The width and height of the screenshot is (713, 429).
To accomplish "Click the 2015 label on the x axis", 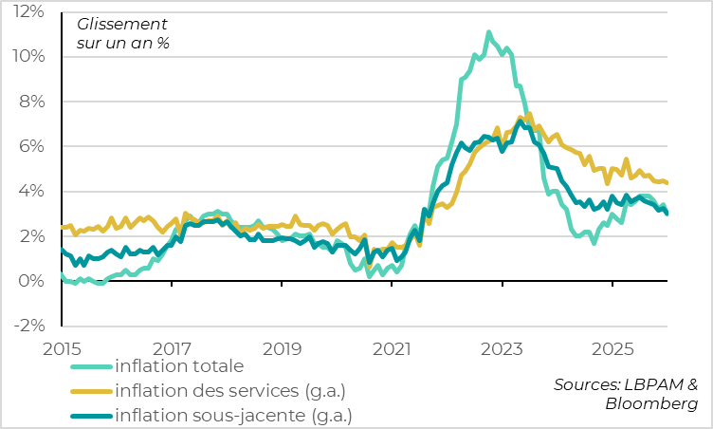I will (62, 347).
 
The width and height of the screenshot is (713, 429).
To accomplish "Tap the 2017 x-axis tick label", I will (172, 347).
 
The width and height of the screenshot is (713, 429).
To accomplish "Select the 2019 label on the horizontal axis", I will (282, 347).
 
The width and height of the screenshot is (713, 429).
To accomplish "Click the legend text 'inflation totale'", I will (179, 365).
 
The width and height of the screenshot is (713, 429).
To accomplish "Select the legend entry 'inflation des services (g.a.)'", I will (229, 390).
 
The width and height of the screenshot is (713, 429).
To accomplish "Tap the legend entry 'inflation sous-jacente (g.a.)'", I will (232, 415).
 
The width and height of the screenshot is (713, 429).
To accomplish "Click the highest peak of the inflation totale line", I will (489, 32).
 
